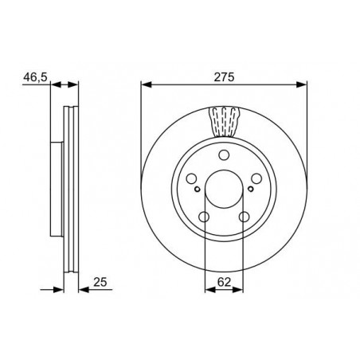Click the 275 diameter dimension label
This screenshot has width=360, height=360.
pyautogui.click(x=225, y=77)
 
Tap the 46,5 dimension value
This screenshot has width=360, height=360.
pyautogui.click(x=35, y=77)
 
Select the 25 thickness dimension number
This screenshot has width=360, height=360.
pyautogui.click(x=100, y=282)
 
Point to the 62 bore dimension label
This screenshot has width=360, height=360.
pyautogui.click(x=224, y=282)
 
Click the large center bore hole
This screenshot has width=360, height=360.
pyautogui.click(x=224, y=189)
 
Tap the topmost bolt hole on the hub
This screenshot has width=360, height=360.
pyautogui.click(x=224, y=155)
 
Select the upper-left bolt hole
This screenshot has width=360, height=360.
pyautogui.click(x=191, y=178)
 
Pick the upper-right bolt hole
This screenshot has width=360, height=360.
pyautogui.click(x=256, y=178)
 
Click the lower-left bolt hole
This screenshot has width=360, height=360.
pyautogui.click(x=204, y=217)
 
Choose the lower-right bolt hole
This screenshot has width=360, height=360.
pyautogui.click(x=244, y=217)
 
